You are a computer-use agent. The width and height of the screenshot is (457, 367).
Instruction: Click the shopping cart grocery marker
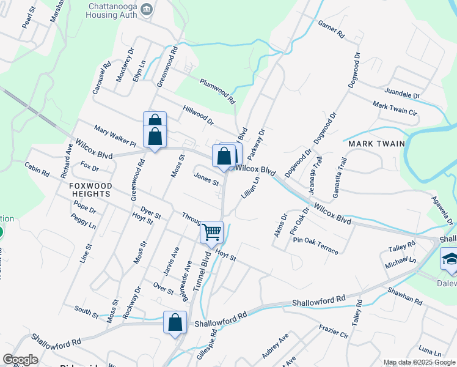click(x=211, y=232)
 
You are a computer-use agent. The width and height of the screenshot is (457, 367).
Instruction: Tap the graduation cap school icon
click(x=450, y=260)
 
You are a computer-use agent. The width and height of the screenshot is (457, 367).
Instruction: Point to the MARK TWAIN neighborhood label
click(x=377, y=144)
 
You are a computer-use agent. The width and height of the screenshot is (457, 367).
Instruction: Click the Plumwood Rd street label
click(x=218, y=90)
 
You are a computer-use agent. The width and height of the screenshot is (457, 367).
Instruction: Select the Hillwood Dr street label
click(x=198, y=114)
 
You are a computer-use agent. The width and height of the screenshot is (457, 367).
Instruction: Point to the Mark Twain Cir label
click(x=395, y=109)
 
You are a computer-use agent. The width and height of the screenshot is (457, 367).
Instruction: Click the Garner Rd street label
click(x=332, y=29)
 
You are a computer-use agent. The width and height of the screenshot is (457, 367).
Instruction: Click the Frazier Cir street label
click(x=334, y=333)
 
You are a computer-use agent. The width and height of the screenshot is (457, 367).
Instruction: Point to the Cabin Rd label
click(x=37, y=169)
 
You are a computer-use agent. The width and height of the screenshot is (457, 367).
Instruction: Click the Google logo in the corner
click(x=20, y=360)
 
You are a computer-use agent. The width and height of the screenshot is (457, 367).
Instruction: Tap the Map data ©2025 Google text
click(x=419, y=362)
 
